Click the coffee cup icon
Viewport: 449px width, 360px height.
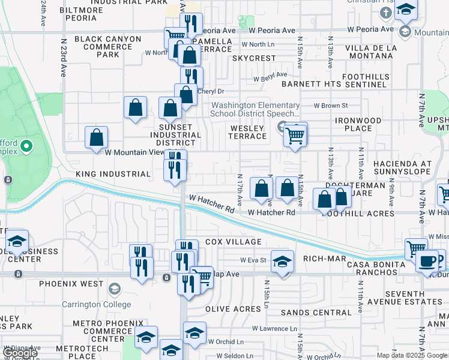[x=427, y=261]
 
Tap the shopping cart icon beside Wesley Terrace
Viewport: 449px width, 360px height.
[x=295, y=135]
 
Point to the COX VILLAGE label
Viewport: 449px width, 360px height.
[x=234, y=242]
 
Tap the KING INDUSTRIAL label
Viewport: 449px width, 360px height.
[x=113, y=174]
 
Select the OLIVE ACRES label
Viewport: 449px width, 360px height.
[x=233, y=309]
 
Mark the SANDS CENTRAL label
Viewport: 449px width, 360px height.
[x=307, y=313]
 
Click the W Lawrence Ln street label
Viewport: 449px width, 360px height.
[x=274, y=329]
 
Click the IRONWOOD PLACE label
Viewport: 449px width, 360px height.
[x=358, y=124]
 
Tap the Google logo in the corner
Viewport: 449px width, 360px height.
[x=20, y=353]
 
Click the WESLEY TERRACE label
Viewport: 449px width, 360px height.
[x=247, y=132]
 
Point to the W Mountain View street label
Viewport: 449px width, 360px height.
[x=134, y=152]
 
